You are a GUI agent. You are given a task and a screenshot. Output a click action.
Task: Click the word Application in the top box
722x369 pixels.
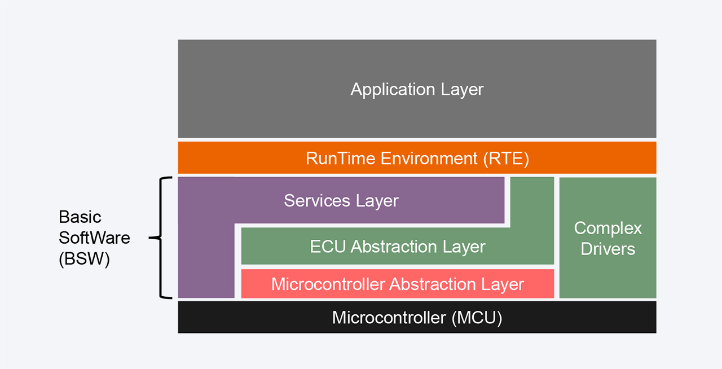[393, 89]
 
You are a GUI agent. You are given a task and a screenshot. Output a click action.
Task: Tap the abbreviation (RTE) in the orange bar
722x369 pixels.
[506, 159]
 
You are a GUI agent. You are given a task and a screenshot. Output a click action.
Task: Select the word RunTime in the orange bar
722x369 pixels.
[341, 159]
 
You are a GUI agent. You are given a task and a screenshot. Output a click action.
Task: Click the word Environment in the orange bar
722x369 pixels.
[429, 159]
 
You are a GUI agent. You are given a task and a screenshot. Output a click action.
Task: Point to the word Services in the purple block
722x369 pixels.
[317, 201]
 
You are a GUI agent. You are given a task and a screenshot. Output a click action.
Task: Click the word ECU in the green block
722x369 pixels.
[328, 247]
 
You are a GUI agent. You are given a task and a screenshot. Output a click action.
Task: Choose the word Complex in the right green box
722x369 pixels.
[608, 229]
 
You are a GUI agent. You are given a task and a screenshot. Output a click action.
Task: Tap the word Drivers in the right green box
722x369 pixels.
[608, 249]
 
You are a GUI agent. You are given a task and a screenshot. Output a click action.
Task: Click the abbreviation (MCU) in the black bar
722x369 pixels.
[477, 318]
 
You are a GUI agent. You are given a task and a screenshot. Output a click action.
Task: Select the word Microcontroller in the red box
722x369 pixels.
[328, 284]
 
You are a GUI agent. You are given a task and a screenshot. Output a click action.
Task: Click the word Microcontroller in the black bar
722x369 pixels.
[389, 318]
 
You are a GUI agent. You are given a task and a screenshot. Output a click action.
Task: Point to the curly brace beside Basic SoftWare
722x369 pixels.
[161, 238]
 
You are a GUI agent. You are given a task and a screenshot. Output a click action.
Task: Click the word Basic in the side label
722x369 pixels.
[80, 217]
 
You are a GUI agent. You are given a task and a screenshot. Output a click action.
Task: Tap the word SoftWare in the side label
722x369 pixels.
[94, 238]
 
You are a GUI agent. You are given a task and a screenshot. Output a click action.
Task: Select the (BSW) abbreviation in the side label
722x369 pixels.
[84, 258]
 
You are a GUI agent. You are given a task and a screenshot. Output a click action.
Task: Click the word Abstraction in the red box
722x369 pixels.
[433, 284]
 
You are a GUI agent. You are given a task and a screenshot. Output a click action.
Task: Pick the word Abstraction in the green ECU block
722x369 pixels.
[394, 247]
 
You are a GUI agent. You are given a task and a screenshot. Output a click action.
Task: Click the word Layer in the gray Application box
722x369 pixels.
[462, 89]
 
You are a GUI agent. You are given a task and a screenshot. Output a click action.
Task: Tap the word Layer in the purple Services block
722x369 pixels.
[377, 201]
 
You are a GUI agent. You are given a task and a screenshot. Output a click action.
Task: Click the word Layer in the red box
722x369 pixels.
[503, 285]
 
